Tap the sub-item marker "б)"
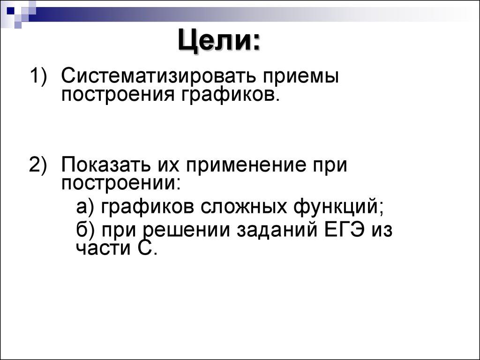coord(86,231)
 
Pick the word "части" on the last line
coord(97,248)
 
